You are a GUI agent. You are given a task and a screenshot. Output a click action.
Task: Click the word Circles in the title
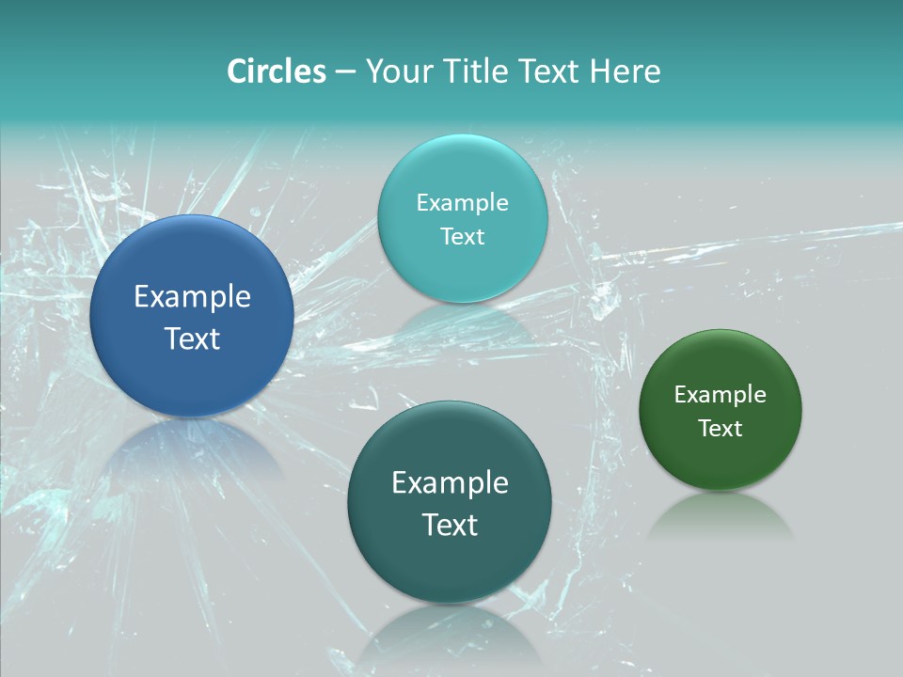pyautogui.click(x=277, y=71)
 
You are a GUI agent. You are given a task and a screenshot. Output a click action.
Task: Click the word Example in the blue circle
pyautogui.click(x=192, y=297)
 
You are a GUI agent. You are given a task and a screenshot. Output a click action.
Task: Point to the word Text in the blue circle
pyautogui.click(x=192, y=338)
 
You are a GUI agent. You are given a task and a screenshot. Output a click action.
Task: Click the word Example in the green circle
pyautogui.click(x=721, y=395)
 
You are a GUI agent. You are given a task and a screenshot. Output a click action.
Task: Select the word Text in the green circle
pyautogui.click(x=721, y=429)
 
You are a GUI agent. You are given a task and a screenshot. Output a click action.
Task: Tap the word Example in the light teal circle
pyautogui.click(x=462, y=203)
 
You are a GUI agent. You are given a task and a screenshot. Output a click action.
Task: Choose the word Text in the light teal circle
pyautogui.click(x=462, y=237)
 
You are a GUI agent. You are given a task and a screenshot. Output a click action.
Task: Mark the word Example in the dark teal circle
pyautogui.click(x=450, y=483)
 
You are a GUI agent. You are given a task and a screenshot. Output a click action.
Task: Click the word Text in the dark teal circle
pyautogui.click(x=450, y=525)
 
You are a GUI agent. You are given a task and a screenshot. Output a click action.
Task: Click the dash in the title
pyautogui.click(x=345, y=72)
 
